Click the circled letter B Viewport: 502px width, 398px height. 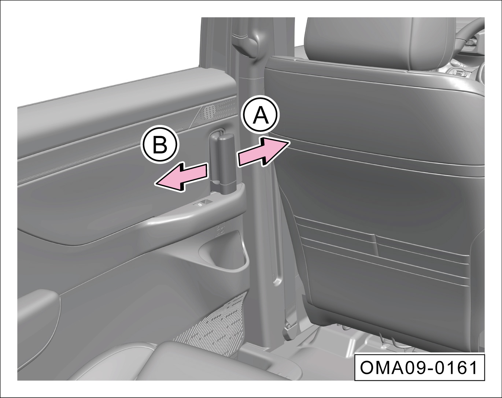160,144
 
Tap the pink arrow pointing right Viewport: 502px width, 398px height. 263,152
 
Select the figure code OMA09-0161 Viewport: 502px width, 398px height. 419,368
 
